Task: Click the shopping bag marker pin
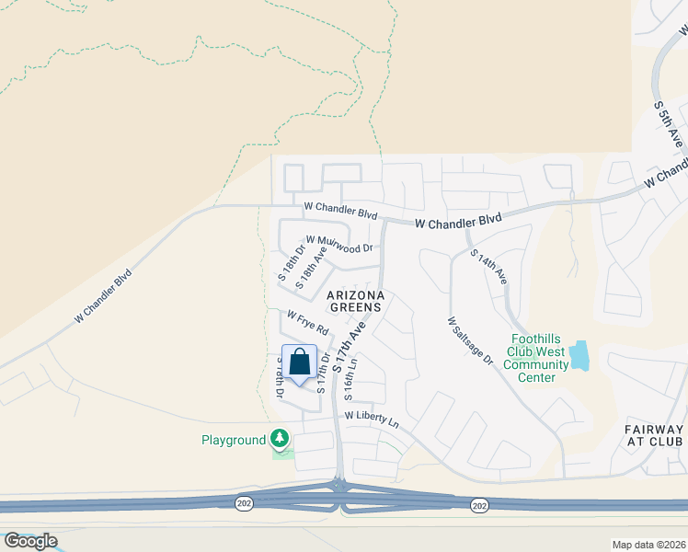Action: [x=299, y=362]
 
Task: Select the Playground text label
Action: [x=234, y=440]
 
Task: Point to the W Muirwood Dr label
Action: [x=339, y=243]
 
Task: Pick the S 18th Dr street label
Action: [x=291, y=259]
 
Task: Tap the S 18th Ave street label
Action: [x=310, y=268]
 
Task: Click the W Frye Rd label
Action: [x=307, y=322]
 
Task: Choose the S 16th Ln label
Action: [x=350, y=378]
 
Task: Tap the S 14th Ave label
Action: [x=488, y=265]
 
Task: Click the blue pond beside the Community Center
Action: [x=579, y=355]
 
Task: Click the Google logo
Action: [x=30, y=541]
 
